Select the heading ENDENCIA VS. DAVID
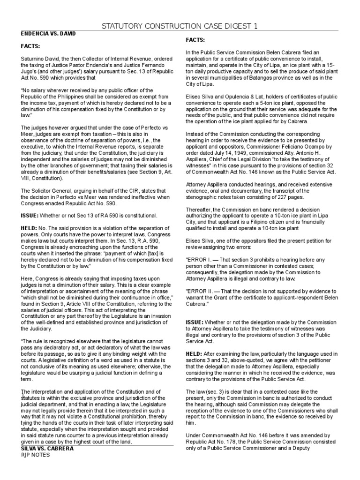tap(48, 35)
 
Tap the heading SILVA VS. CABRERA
tap(47, 448)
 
